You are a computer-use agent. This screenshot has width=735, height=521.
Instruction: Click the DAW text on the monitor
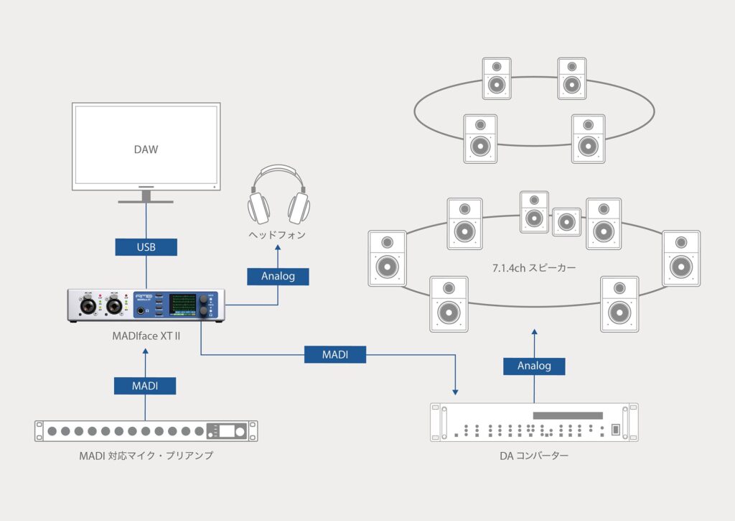tap(146, 150)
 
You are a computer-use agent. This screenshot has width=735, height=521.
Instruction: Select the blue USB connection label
tap(146, 247)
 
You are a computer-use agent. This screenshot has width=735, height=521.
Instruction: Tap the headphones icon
tap(278, 196)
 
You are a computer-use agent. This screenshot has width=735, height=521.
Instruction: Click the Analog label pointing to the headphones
tap(278, 276)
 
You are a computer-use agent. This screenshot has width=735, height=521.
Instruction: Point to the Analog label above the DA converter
tap(534, 366)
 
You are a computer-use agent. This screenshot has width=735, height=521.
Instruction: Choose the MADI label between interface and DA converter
tap(334, 354)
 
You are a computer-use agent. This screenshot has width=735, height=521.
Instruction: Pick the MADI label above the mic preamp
tap(145, 386)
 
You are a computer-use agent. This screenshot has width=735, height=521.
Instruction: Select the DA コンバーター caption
tap(534, 455)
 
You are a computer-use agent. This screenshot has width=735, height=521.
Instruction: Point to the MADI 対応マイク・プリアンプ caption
tap(146, 455)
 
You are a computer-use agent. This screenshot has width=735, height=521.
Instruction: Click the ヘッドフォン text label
tap(278, 235)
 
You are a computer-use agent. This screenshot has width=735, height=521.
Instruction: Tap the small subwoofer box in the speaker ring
tap(566, 221)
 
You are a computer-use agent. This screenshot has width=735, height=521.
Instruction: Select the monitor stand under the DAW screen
tap(146, 196)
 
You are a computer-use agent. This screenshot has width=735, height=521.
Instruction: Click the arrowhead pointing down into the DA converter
tap(455, 391)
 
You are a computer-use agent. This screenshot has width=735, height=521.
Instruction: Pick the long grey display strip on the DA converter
tap(567, 416)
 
